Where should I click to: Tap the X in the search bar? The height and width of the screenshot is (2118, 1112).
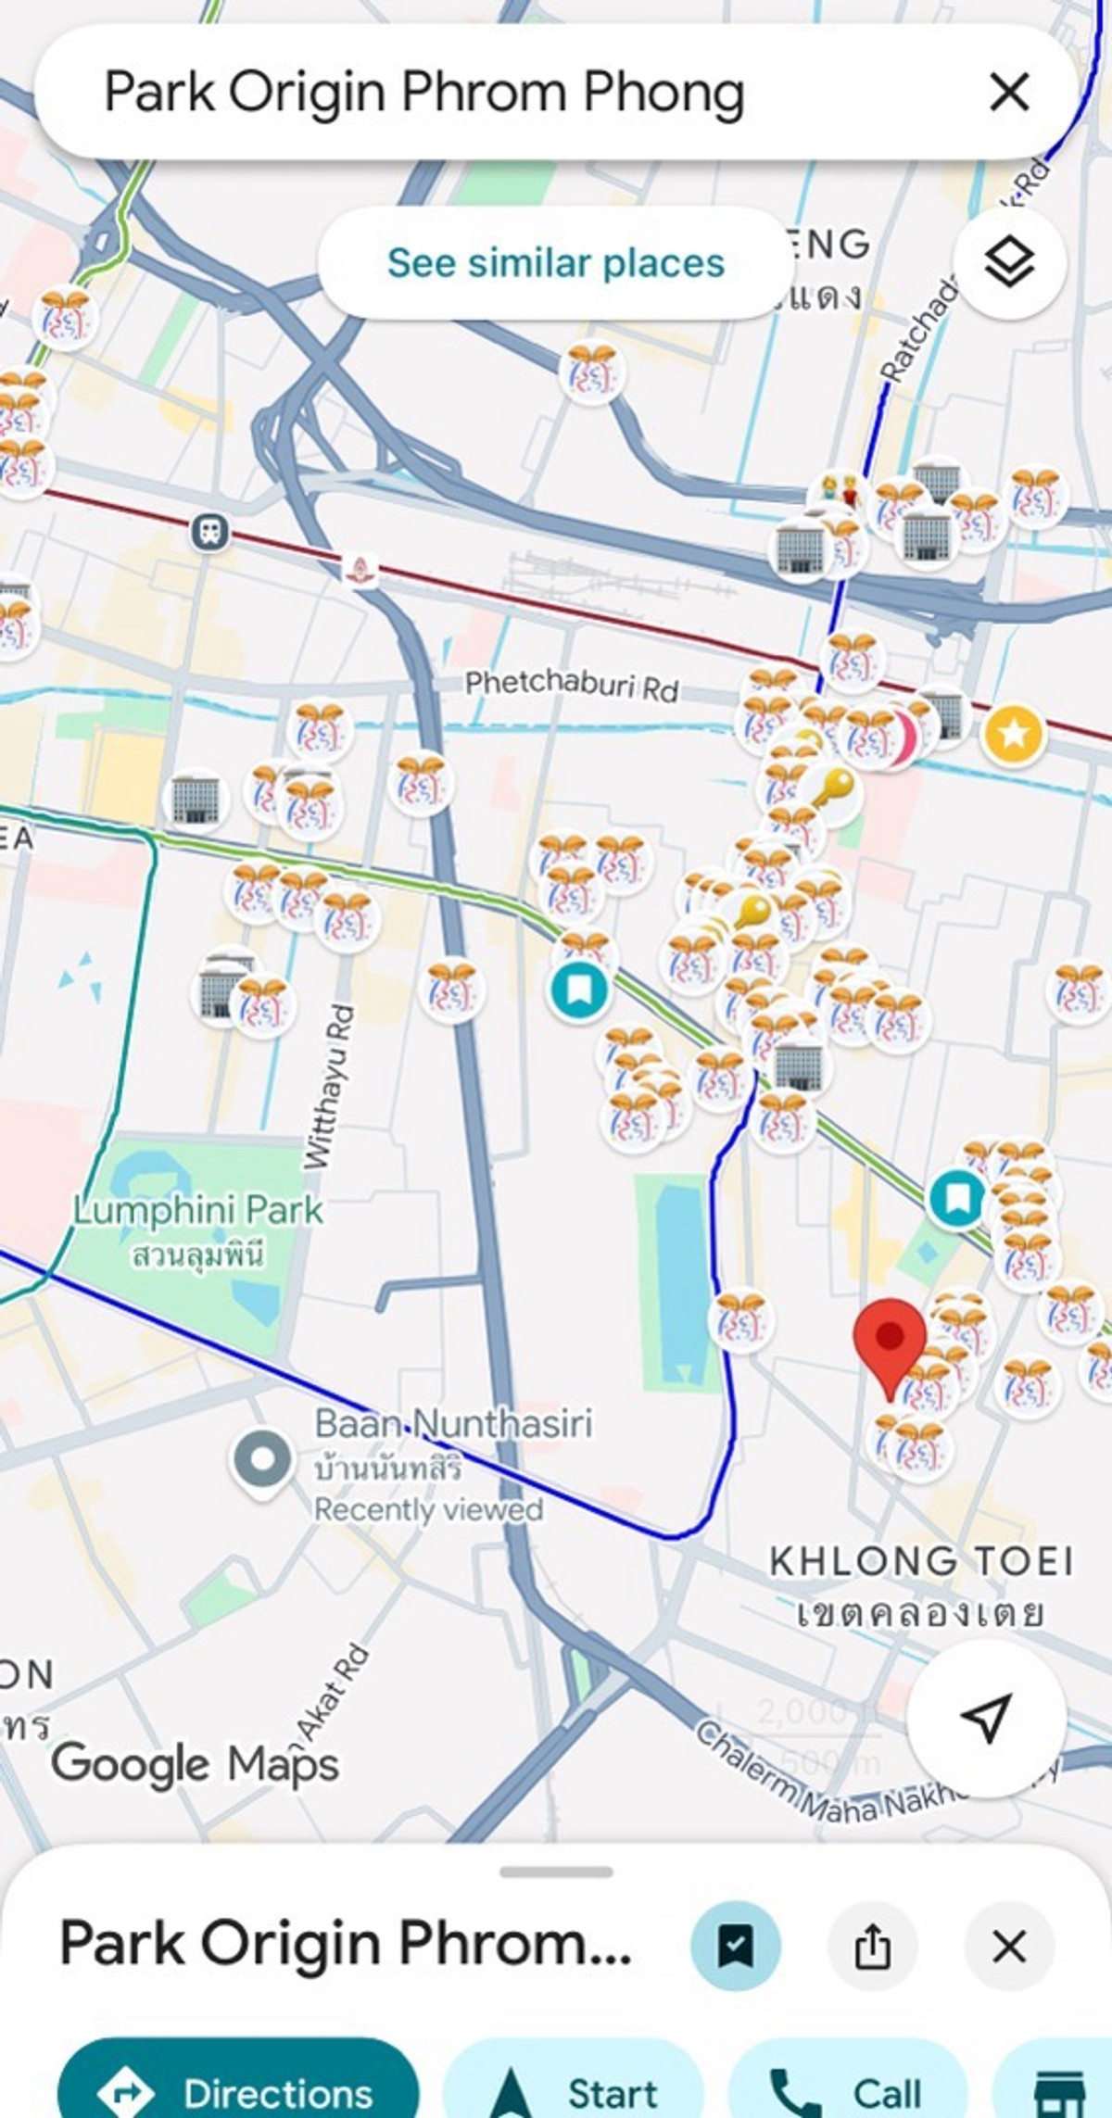click(1009, 93)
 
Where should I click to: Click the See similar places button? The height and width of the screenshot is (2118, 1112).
click(555, 263)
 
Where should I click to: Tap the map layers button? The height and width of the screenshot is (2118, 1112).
click(1009, 263)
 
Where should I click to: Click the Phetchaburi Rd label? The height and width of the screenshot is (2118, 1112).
click(571, 686)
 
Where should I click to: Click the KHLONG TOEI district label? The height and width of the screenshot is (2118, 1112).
click(921, 1562)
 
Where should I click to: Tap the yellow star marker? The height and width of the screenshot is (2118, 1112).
click(1014, 735)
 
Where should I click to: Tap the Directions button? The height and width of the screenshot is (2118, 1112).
click(238, 2092)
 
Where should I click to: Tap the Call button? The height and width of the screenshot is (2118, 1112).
click(848, 2092)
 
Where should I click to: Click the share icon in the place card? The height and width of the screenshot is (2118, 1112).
click(872, 1947)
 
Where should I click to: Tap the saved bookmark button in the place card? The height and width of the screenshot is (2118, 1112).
click(736, 1947)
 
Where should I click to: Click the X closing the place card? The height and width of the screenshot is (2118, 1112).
click(1009, 1947)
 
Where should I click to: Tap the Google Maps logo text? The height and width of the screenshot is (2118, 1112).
click(196, 1763)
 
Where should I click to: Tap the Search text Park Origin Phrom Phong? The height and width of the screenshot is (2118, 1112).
click(424, 93)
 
